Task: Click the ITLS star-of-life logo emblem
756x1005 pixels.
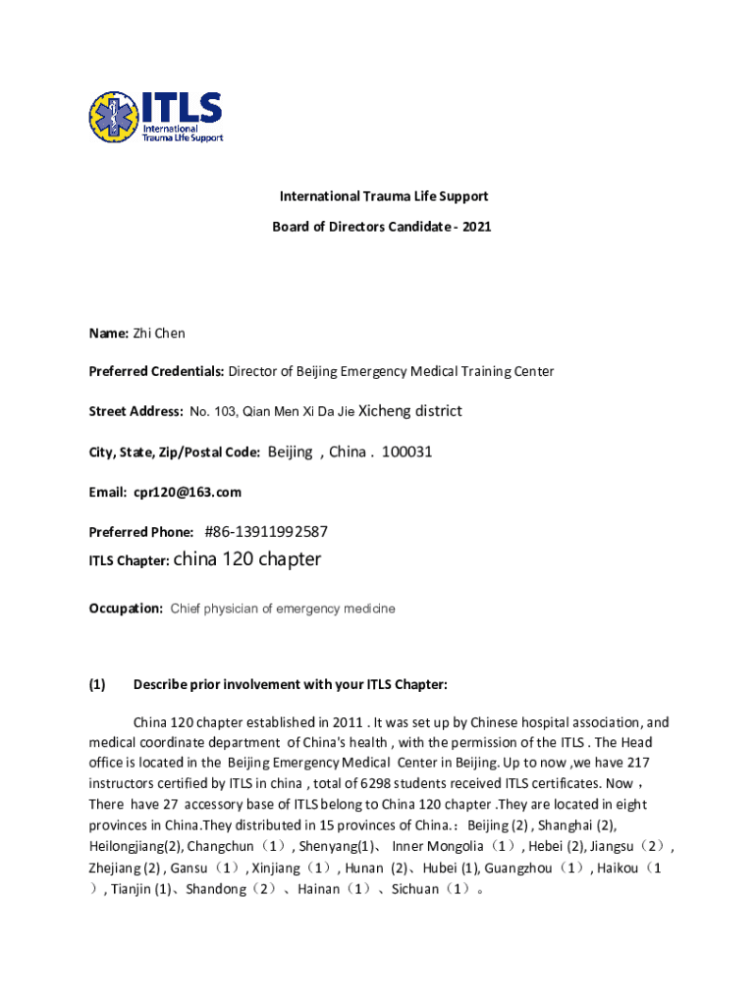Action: [114, 117]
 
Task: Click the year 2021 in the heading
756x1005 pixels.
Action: [475, 227]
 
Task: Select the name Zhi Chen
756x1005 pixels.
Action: [159, 334]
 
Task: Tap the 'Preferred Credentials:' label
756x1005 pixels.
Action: [157, 372]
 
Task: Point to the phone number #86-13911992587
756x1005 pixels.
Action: [266, 532]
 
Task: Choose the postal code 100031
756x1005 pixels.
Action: [407, 451]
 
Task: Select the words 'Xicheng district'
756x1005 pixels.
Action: [410, 410]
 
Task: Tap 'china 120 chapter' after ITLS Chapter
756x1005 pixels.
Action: [246, 559]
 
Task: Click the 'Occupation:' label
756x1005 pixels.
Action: [126, 608]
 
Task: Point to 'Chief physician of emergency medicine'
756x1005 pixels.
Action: [283, 608]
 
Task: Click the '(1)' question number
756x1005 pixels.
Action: [97, 684]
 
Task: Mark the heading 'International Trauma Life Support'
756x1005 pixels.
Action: [381, 196]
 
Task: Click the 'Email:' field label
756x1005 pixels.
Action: [108, 492]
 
